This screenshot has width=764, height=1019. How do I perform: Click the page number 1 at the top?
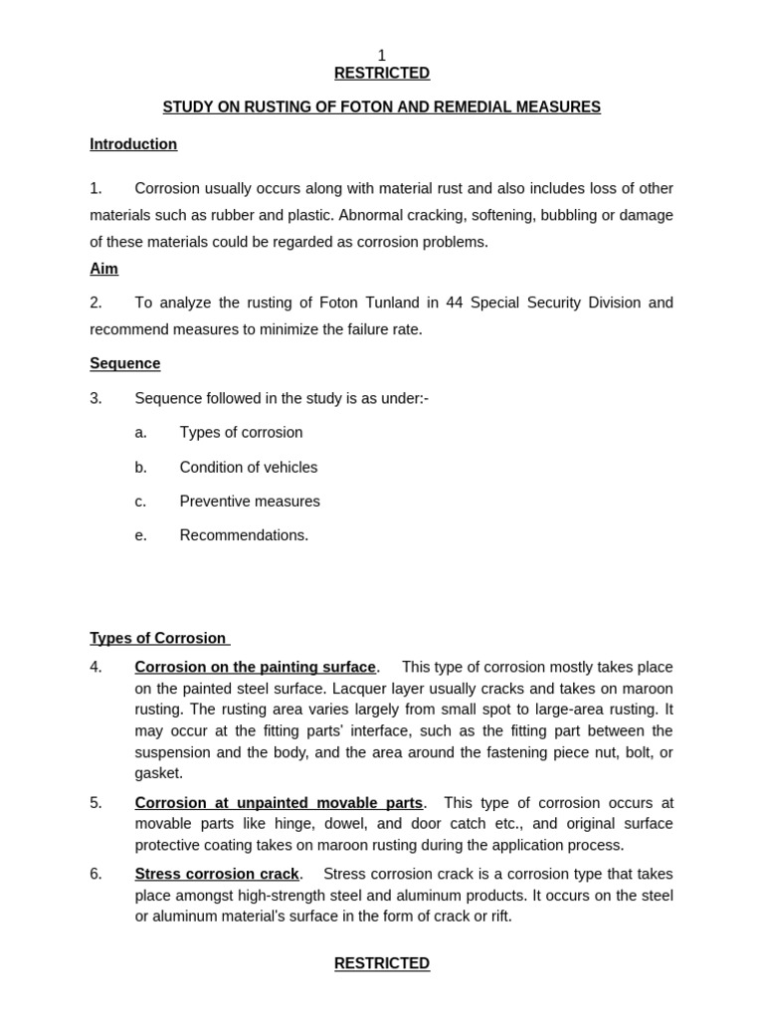382,56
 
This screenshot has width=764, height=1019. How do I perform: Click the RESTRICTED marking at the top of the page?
382,74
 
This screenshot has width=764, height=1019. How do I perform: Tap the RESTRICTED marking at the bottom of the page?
382,963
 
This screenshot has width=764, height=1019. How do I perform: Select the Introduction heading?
133,144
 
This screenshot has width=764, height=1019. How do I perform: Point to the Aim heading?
103,270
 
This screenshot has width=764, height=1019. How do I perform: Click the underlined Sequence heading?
124,364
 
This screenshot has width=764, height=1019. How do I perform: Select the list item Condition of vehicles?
249,468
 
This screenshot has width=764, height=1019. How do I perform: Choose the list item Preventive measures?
250,502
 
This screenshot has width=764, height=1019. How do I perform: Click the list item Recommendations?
244,535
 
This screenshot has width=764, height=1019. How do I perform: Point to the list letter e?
140,535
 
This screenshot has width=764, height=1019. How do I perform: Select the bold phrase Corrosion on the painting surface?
256,668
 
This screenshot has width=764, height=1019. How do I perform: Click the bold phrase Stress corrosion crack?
217,875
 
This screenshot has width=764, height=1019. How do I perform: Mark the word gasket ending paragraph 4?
157,773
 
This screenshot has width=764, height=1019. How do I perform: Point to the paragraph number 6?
95,875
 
